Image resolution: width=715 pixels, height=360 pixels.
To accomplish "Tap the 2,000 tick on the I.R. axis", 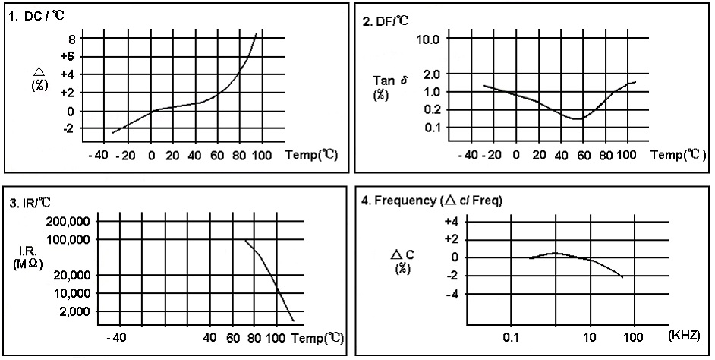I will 74,311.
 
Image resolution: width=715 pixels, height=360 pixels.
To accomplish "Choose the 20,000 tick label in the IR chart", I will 71,276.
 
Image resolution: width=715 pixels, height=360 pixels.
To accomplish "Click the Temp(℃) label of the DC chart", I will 311,155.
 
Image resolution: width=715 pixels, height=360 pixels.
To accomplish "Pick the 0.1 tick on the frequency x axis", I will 510,335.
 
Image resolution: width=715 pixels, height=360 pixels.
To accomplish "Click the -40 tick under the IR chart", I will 117,337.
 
